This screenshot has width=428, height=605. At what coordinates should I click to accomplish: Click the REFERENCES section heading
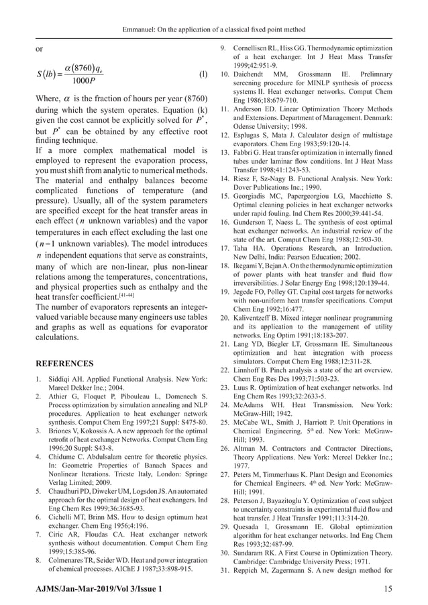64,364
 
